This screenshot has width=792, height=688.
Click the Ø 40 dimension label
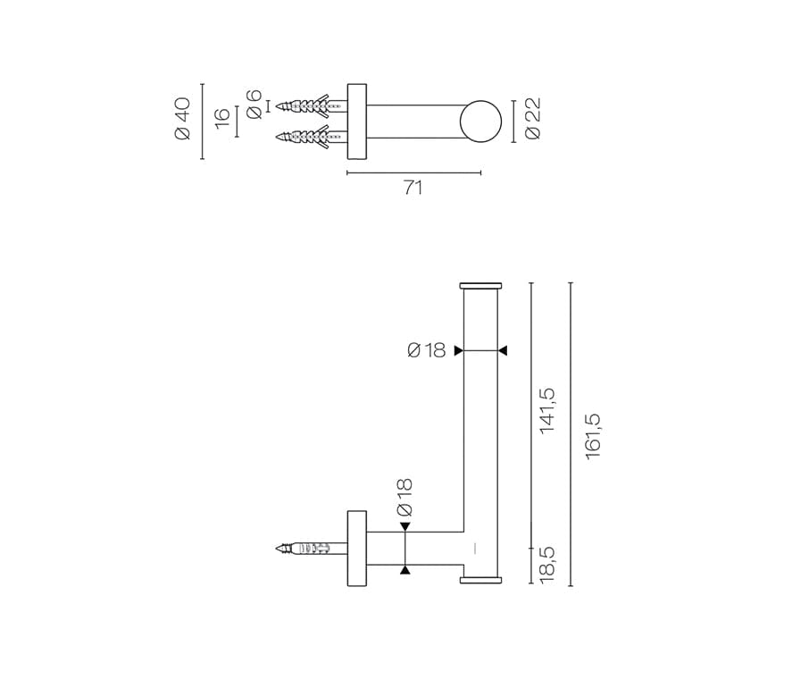coord(182,119)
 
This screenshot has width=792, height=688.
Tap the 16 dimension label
coord(222,118)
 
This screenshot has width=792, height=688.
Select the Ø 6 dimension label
coord(254,105)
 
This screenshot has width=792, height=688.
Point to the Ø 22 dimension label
coord(532,118)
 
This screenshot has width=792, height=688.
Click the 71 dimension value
coord(413,188)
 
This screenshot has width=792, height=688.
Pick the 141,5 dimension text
coord(547,410)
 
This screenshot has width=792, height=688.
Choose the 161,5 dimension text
coord(593,436)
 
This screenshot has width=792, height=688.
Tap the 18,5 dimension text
coord(547,565)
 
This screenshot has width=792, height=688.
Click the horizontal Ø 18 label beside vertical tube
coord(426,350)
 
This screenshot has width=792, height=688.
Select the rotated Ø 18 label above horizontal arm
coord(404,498)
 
